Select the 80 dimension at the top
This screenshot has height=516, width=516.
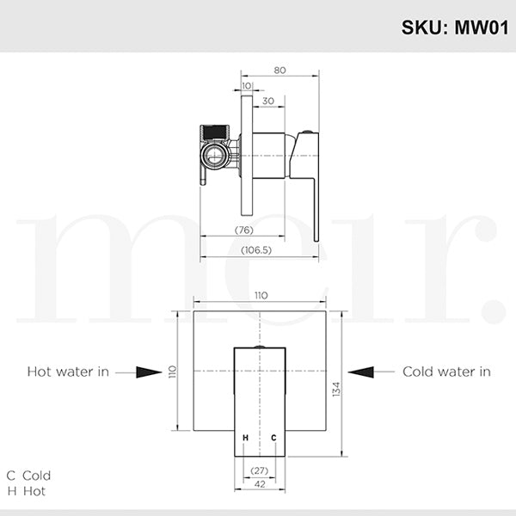coord(280,71)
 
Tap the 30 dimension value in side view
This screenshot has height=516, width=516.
coord(268,101)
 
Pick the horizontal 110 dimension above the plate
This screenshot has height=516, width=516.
coord(261,295)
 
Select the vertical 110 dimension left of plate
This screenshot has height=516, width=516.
coord(172,372)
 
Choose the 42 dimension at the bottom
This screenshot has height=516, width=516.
coord(259,485)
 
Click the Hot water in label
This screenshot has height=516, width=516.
coord(68,372)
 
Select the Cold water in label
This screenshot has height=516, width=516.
coord(446,372)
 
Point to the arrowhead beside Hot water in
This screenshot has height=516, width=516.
coord(150,372)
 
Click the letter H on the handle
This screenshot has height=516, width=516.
coord(246,439)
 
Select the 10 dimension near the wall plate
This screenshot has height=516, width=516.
coord(247,86)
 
